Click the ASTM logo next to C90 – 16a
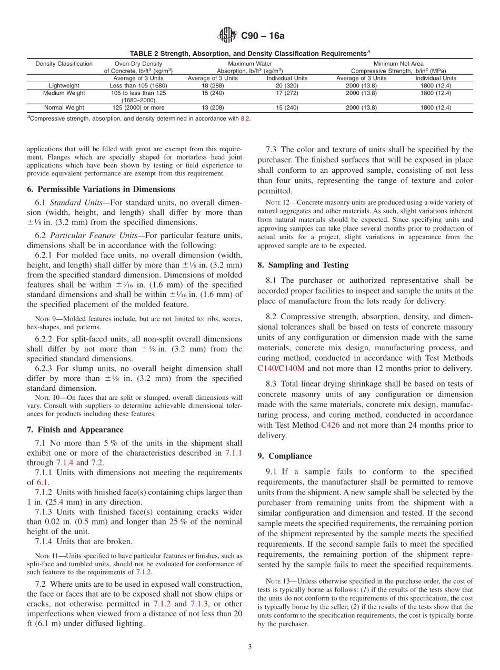227,36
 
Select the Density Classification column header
64,64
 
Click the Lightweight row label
64,85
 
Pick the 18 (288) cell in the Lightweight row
213,85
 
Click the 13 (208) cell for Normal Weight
213,107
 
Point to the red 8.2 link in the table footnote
245,119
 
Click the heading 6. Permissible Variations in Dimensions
101,189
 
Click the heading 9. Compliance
285,456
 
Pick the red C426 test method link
331,425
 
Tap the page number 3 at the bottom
249,647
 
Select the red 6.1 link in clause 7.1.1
42,482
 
